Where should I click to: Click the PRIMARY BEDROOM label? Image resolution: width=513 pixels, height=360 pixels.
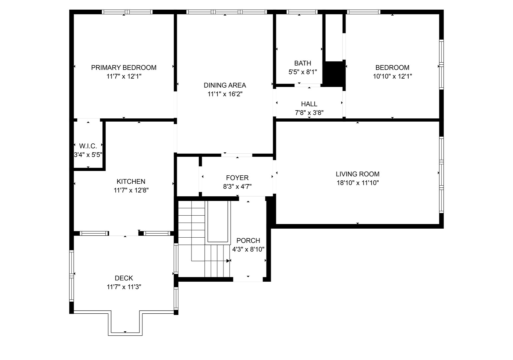(x=124, y=68)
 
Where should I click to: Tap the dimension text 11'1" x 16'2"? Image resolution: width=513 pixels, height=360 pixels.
(x=225, y=94)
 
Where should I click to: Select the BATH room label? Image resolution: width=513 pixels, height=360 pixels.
(x=303, y=63)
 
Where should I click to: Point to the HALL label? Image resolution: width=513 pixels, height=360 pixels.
(x=309, y=104)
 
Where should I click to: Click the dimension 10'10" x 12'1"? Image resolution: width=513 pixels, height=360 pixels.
(x=392, y=76)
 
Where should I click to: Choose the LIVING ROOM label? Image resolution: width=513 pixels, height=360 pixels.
(x=357, y=174)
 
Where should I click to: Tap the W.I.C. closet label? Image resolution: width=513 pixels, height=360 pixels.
(x=88, y=146)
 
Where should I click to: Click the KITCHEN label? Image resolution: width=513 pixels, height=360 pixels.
(x=131, y=182)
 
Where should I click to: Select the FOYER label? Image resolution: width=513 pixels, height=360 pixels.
(x=237, y=178)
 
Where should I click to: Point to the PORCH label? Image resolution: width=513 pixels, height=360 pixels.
(x=248, y=241)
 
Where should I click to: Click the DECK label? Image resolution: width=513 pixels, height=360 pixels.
(x=124, y=278)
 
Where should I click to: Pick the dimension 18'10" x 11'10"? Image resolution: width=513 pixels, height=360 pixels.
(x=357, y=183)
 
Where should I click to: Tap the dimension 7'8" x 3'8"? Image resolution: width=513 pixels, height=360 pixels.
(x=309, y=113)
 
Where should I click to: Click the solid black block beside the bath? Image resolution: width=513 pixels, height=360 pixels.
(x=334, y=74)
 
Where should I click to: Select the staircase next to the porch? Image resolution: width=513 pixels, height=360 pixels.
(x=203, y=240)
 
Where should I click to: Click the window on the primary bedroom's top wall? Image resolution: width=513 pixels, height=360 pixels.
(x=127, y=12)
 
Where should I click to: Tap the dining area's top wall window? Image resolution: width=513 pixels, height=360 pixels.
(x=226, y=12)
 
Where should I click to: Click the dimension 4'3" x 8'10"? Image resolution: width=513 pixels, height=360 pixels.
(x=248, y=249)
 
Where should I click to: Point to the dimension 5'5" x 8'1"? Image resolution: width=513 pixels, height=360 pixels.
(x=303, y=72)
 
